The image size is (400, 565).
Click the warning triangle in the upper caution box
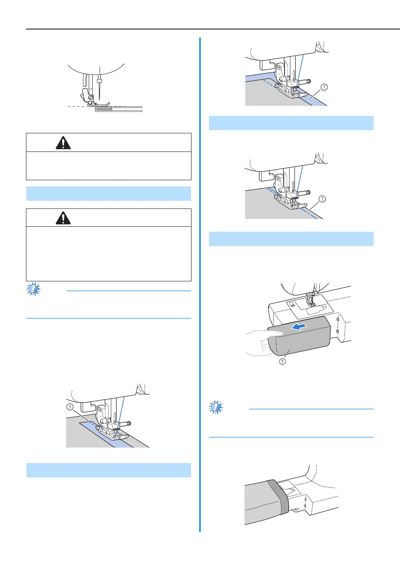[63, 143]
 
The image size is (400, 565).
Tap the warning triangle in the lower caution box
[63, 218]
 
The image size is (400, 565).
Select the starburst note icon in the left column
[33, 289]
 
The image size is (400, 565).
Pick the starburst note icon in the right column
[216, 407]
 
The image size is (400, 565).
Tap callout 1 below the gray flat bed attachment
[283, 361]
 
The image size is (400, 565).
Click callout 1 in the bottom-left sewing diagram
[70, 407]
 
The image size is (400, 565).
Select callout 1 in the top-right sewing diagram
[324, 87]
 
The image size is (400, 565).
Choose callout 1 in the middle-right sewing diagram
[322, 199]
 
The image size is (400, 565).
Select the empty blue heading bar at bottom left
[109, 470]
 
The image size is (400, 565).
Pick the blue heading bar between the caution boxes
[109, 193]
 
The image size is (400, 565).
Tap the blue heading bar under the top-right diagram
[291, 123]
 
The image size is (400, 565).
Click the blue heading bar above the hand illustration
[291, 239]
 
